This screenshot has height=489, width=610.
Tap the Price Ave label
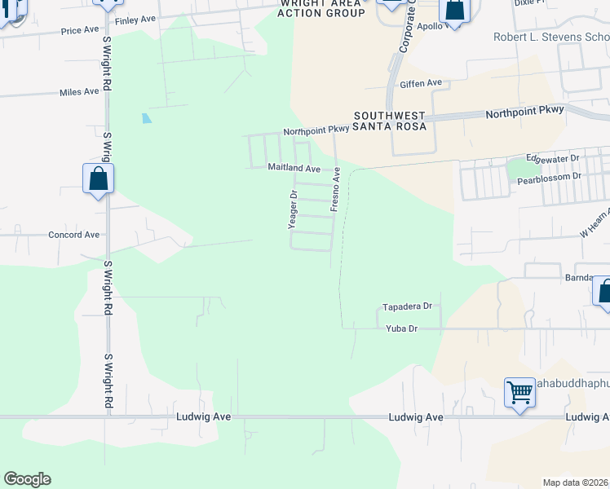click(x=80, y=31)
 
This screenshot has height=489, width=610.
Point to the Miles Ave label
click(x=79, y=92)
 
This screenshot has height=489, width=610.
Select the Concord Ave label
click(x=73, y=235)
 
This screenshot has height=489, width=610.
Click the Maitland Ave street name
click(x=294, y=168)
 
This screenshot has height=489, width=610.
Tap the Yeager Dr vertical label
click(x=294, y=209)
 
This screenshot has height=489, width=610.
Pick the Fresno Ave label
click(x=334, y=190)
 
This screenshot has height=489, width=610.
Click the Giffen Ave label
click(x=420, y=83)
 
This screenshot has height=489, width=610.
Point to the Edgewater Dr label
click(x=552, y=158)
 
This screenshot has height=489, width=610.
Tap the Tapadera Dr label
click(x=406, y=307)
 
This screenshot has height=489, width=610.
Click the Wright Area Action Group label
click(x=321, y=8)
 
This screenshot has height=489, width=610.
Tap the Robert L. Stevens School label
click(x=551, y=37)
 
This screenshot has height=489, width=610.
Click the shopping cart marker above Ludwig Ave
click(x=519, y=394)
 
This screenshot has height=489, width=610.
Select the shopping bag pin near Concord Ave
click(x=98, y=179)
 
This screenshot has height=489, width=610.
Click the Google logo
click(x=27, y=479)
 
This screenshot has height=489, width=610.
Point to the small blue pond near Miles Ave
click(x=146, y=117)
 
